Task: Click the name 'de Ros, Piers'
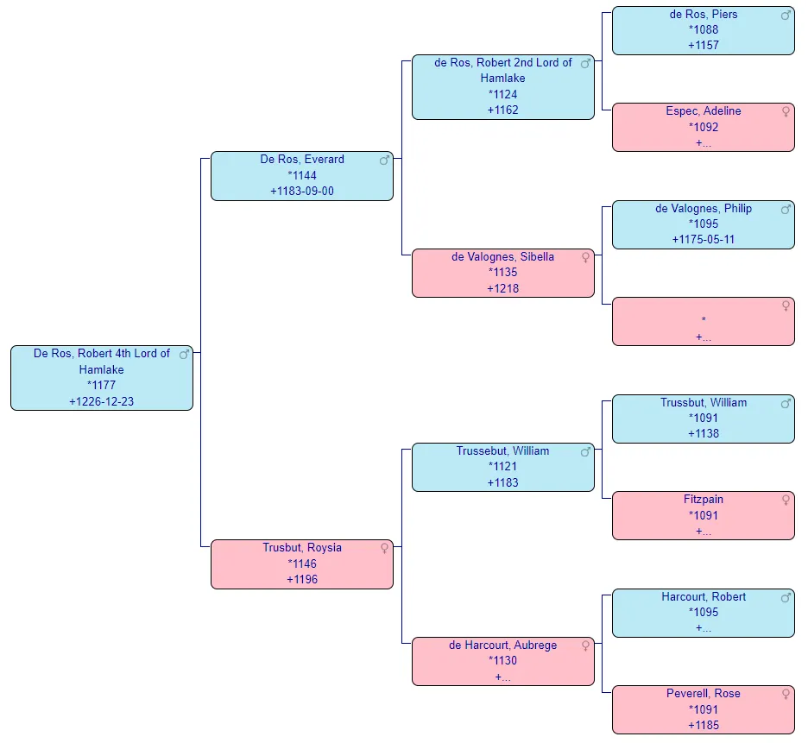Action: (703, 14)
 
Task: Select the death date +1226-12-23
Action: (101, 401)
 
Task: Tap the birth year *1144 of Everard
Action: (302, 175)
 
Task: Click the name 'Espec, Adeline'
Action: (703, 110)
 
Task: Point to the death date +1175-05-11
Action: (703, 239)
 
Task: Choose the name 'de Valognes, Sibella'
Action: (502, 256)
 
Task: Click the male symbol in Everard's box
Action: (385, 160)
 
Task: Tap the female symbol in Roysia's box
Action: (385, 548)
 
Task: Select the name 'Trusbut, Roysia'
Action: (302, 547)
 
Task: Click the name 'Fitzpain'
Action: (703, 499)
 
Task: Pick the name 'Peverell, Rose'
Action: (703, 693)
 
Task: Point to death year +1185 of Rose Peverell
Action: (703, 725)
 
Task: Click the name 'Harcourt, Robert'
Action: (703, 596)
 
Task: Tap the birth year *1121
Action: (502, 467)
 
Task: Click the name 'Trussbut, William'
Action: (703, 402)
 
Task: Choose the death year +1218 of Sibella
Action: (502, 288)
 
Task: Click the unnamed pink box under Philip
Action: (703, 321)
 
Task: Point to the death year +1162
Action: (502, 110)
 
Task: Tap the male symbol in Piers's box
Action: (786, 15)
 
